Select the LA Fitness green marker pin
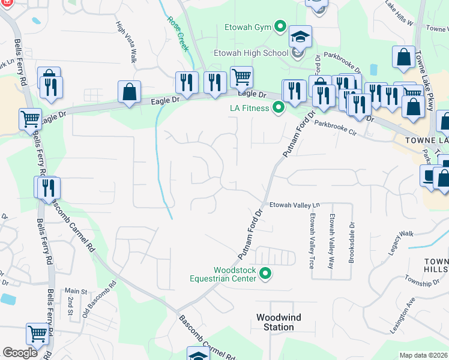[278, 109]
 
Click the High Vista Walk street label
[127, 41]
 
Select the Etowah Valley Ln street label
[295, 205]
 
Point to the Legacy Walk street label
[401, 241]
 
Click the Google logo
[20, 353]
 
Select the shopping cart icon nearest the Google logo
[37, 333]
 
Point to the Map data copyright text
[423, 355]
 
